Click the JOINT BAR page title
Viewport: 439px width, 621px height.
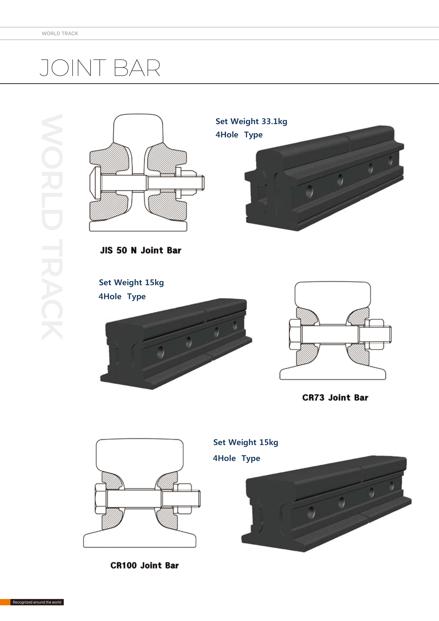pyautogui.click(x=100, y=68)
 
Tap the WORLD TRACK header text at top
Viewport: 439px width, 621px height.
pyautogui.click(x=60, y=33)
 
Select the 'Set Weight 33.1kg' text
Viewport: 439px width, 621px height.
pyautogui.click(x=251, y=121)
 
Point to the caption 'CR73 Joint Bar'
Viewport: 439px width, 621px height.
pyautogui.click(x=335, y=398)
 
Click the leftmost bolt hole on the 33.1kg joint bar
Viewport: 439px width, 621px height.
pyautogui.click(x=309, y=191)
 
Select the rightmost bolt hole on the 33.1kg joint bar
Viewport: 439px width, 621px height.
pyautogui.click(x=390, y=161)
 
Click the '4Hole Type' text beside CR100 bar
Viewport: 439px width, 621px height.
pyautogui.click(x=236, y=458)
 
